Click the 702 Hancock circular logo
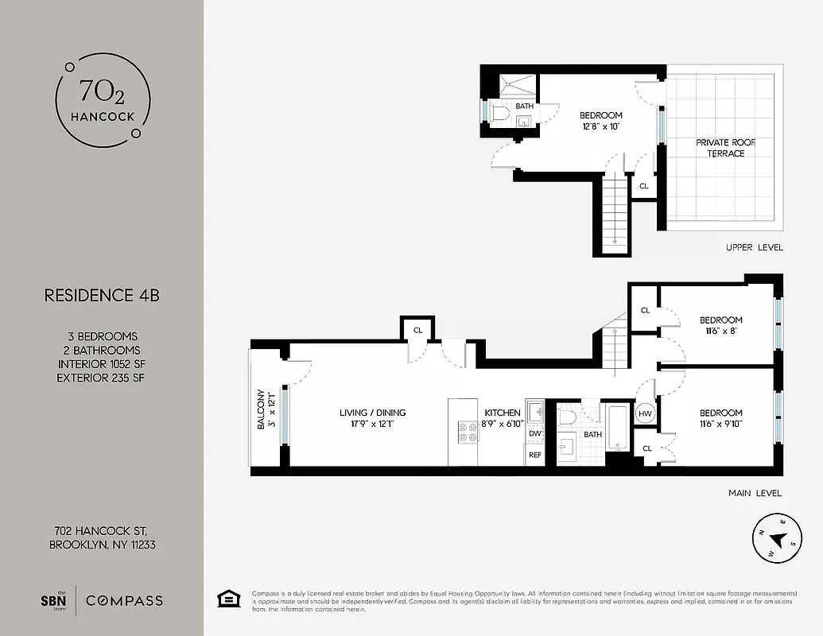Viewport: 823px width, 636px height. coord(101,103)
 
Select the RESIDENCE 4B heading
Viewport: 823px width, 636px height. coord(101,296)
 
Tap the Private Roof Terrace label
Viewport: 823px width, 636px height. coord(726,148)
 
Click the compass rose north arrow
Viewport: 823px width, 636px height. coord(778,540)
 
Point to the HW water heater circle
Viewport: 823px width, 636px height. coord(645,413)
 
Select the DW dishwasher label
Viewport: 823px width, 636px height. coord(535,433)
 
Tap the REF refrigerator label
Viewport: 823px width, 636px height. coord(535,455)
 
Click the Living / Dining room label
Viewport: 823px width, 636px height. coord(372,413)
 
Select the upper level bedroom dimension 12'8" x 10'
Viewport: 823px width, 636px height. coord(600,126)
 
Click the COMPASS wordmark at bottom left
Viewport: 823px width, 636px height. coord(124,600)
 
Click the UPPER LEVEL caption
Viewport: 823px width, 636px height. coord(754,247)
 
